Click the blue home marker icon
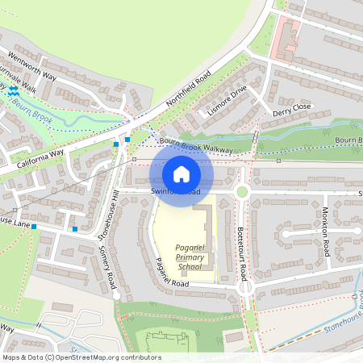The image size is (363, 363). point(181,174)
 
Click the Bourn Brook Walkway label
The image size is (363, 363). point(196,146)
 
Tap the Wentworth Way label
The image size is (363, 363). point(31,67)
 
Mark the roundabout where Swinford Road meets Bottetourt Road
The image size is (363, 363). point(241,191)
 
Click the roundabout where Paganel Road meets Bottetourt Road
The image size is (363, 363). point(245,288)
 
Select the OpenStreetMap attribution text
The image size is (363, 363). point(81,357)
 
